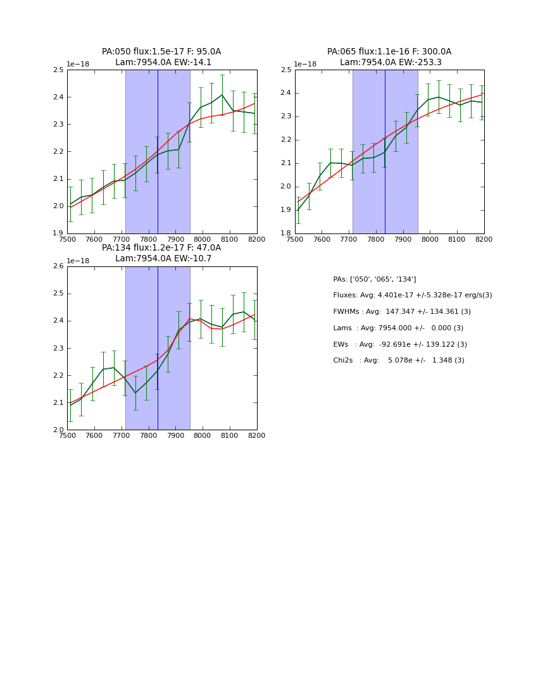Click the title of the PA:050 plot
tap(161, 57)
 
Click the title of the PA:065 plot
tap(389, 57)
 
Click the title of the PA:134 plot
tap(161, 253)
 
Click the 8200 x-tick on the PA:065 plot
tap(484, 239)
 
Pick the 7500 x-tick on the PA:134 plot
tap(67, 435)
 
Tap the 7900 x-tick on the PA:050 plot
tap(175, 239)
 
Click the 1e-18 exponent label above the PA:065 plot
tap(305, 65)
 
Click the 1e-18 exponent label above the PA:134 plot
tap(78, 261)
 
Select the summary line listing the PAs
tap(375, 279)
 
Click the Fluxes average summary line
tap(413, 295)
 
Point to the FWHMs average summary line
tap(402, 312)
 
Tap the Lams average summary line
tap(398, 328)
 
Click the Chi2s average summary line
tap(399, 361)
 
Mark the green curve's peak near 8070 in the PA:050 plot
tap(222, 95)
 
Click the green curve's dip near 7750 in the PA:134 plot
tap(135, 393)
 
